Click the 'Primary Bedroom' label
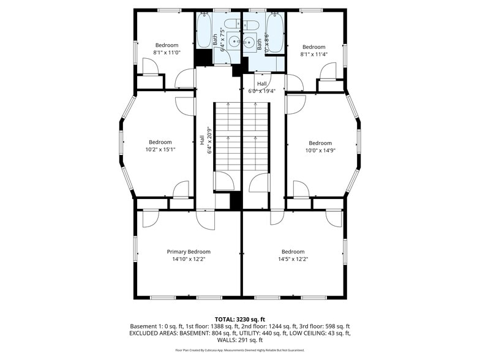coord(189,252)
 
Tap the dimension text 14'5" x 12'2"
coord(293,260)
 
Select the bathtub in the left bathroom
coord(204,31)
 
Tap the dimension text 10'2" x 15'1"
coord(160,149)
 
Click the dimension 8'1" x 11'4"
coord(313,54)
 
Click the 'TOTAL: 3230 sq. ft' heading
coord(239,319)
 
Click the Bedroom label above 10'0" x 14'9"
coord(320,143)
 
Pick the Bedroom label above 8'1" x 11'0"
coord(167,45)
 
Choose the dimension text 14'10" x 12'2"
coord(189,260)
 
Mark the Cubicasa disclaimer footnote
coord(239,350)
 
